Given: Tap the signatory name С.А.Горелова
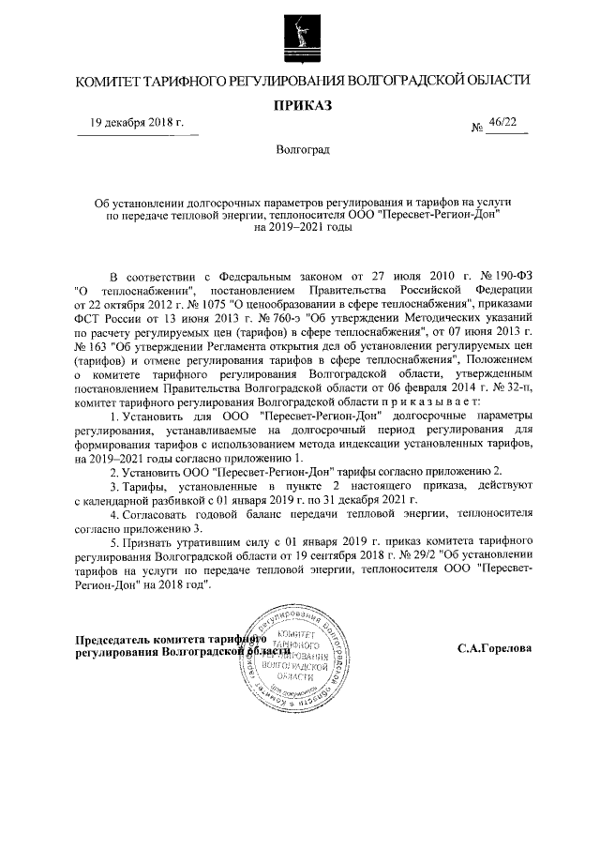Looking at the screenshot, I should (494, 649).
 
